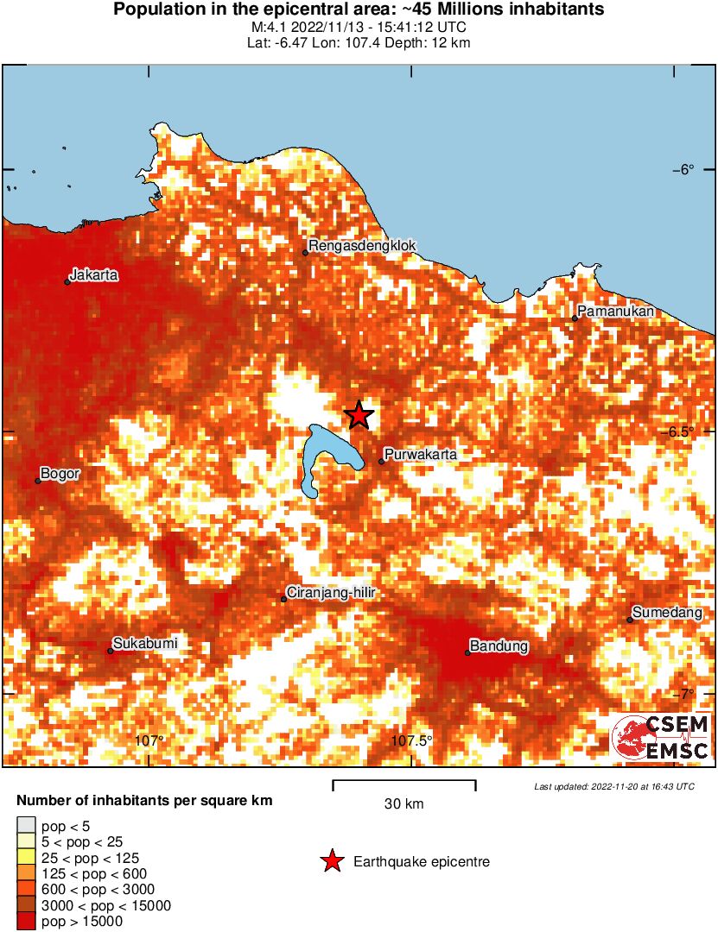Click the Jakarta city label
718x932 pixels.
[x=94, y=276]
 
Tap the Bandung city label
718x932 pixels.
[x=499, y=645]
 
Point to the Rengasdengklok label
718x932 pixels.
[x=362, y=246]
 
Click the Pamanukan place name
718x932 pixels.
[x=615, y=312]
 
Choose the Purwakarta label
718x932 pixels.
[x=421, y=454]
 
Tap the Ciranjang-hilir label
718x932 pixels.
[x=333, y=593]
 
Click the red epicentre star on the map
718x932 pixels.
[x=359, y=415]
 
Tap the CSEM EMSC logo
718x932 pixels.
[x=661, y=738]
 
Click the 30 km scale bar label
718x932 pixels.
[x=403, y=804]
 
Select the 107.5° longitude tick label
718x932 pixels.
[x=412, y=740]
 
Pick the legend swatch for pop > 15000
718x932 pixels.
[x=26, y=921]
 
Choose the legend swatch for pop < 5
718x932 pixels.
[x=26, y=826]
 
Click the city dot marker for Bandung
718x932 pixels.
[x=467, y=652]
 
